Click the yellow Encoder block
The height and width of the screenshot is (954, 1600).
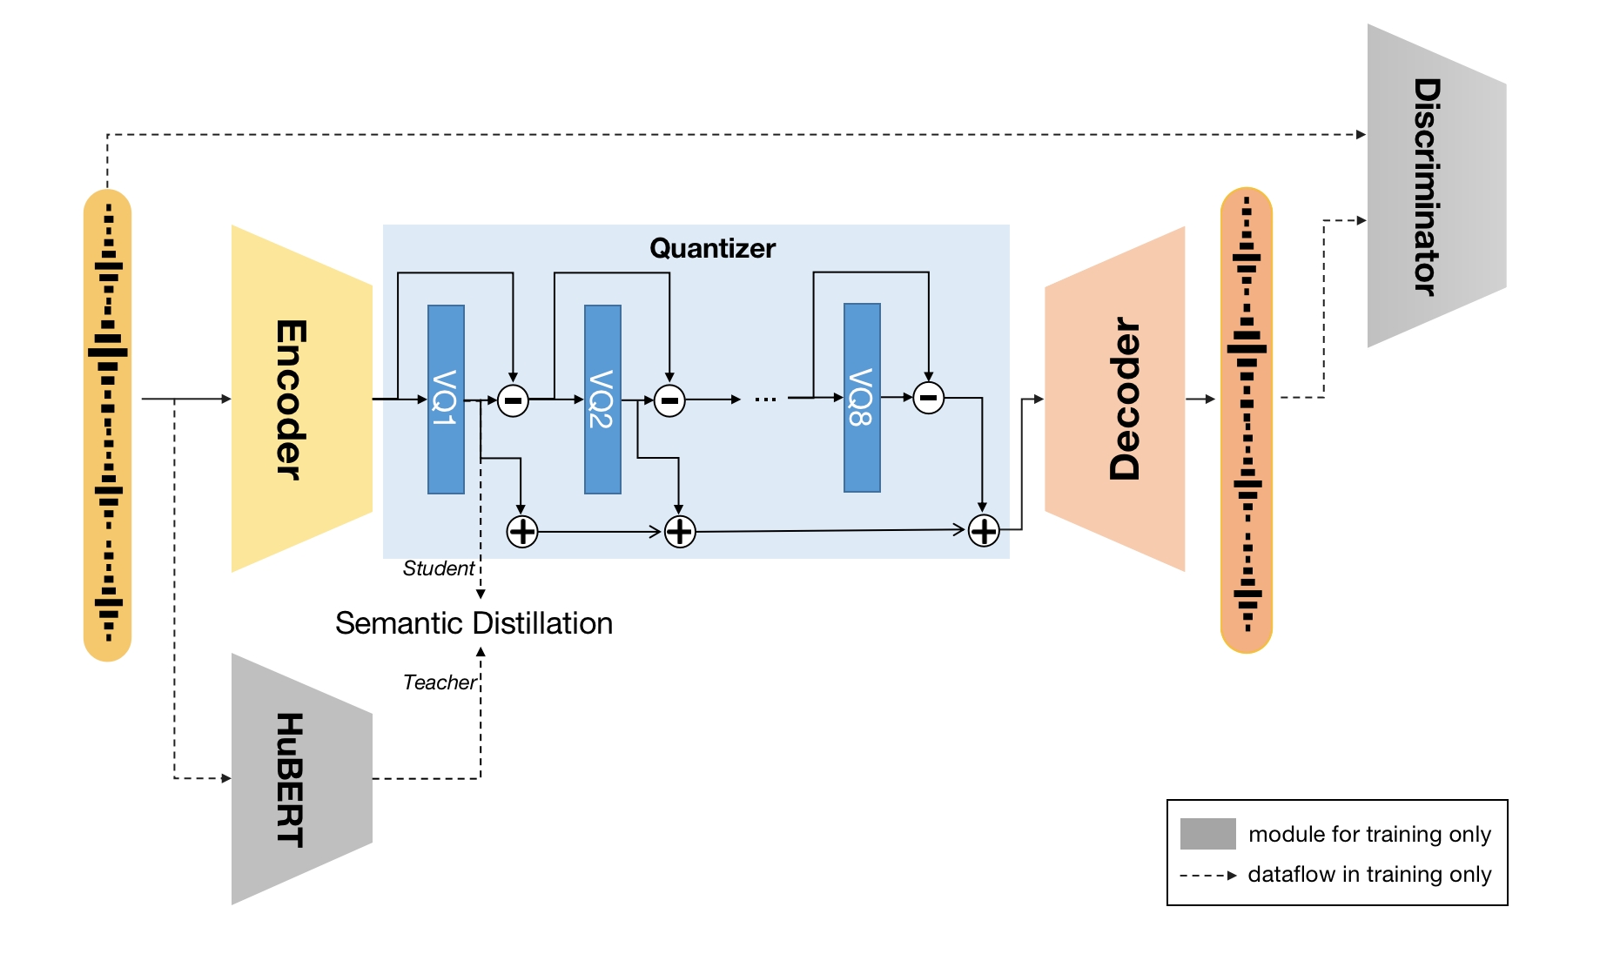click(x=301, y=399)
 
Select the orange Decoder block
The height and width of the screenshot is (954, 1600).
click(x=1115, y=399)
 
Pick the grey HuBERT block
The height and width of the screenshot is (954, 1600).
click(x=301, y=779)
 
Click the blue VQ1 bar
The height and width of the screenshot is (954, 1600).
click(x=446, y=399)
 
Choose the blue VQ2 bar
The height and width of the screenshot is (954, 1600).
click(x=602, y=399)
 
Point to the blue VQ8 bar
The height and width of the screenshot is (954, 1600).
click(x=862, y=398)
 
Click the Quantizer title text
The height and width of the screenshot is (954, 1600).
click(x=712, y=248)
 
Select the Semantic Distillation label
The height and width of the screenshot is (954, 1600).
click(x=474, y=623)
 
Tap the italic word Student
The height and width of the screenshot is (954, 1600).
click(x=438, y=568)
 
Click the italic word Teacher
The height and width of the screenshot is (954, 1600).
click(x=440, y=682)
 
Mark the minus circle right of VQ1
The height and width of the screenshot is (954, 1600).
click(x=513, y=400)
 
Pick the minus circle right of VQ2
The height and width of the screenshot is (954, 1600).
click(x=669, y=400)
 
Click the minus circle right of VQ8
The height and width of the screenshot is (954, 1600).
click(x=929, y=398)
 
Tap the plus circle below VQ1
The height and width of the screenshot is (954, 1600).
click(x=522, y=531)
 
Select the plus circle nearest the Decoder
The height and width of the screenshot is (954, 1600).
click(x=984, y=530)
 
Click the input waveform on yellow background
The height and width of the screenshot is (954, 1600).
click(x=108, y=425)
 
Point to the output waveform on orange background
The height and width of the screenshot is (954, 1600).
click(x=1247, y=420)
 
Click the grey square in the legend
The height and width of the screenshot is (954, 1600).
click(x=1207, y=833)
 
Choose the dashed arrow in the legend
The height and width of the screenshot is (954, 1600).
click(x=1207, y=875)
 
